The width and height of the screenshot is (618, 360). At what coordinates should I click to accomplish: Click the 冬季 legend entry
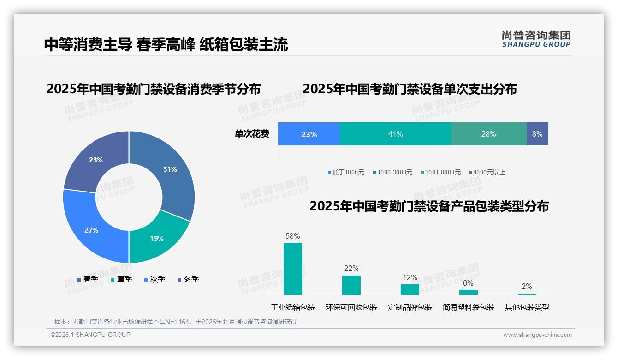pos(188,279)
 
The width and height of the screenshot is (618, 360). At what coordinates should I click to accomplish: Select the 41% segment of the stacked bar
pos(395,134)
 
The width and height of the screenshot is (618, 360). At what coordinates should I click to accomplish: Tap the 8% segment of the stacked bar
pos(537,134)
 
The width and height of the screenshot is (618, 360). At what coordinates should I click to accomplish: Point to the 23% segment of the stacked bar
pos(309,134)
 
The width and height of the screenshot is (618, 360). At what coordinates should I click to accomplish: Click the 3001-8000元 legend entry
pos(440,172)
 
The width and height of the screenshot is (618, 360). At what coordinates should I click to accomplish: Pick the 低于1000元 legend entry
pos(345,172)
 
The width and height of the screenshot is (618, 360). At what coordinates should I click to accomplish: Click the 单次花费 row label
pos(252,134)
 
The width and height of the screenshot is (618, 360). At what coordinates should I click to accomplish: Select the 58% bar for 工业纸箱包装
pos(292,269)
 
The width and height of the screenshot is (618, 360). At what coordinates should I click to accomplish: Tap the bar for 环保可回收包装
pos(351,285)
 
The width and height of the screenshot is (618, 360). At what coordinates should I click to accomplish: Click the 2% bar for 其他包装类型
pos(527,294)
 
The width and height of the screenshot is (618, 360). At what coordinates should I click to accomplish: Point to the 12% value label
pos(410,278)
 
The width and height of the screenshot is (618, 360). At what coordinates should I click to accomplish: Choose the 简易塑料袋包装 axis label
pos(468,307)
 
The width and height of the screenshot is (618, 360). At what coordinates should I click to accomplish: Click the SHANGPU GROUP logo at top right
pos(536,39)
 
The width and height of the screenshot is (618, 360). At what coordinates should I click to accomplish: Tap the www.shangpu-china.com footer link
pos(537,335)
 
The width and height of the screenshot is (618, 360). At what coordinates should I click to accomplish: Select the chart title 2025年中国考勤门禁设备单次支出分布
pos(410,89)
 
